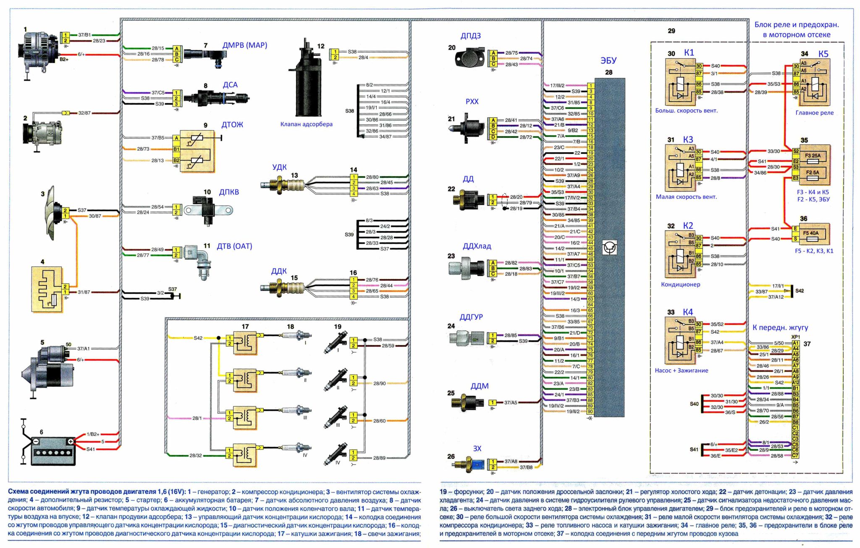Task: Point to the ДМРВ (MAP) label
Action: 245,45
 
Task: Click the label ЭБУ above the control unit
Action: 608,61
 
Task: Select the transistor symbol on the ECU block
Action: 609,248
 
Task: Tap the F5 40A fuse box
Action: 813,234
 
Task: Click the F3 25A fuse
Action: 813,156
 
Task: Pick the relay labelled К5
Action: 814,82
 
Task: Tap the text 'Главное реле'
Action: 814,113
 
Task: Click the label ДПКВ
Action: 229,192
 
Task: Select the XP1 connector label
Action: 795,337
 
